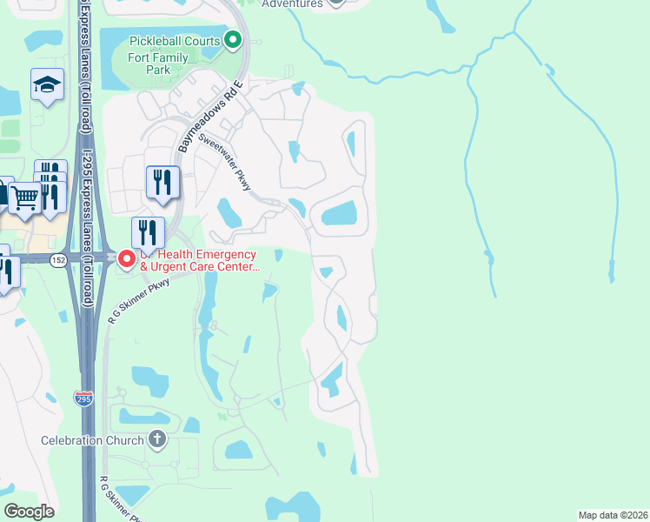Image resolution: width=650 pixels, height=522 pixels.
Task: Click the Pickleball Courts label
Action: tap(176, 41)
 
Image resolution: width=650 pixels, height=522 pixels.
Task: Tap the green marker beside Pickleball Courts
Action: tap(233, 40)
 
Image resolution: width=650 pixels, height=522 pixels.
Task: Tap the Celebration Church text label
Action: tap(92, 440)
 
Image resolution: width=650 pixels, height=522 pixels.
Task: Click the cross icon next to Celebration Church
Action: tap(157, 439)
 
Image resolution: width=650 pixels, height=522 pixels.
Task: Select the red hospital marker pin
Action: tap(127, 259)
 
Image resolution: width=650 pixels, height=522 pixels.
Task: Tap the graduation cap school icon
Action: tap(47, 84)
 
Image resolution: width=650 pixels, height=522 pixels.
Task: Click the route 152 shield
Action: tap(58, 259)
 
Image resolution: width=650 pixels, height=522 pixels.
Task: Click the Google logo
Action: tap(29, 512)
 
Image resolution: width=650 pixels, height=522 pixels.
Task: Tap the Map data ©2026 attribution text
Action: tap(613, 514)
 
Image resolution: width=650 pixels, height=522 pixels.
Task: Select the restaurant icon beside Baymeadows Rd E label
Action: tap(162, 182)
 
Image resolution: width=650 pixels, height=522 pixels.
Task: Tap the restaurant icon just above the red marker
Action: tap(148, 233)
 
